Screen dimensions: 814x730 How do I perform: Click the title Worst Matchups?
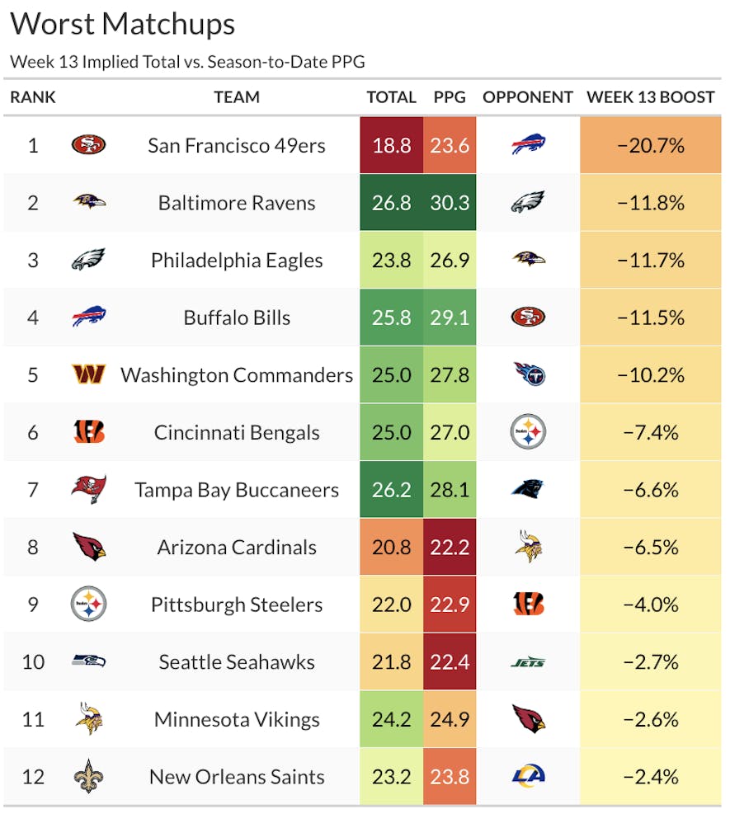[x=123, y=24]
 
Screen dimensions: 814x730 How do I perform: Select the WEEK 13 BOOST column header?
[x=650, y=97]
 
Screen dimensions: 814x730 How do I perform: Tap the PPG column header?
[x=450, y=97]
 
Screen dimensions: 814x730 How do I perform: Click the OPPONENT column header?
[x=528, y=97]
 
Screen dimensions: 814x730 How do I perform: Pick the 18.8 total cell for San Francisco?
[x=392, y=146]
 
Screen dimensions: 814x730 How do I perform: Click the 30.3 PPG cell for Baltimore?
[x=450, y=203]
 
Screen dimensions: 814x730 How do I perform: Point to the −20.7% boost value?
[x=651, y=146]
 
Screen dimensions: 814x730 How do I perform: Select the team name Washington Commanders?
[x=237, y=375]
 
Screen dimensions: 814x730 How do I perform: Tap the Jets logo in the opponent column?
[x=528, y=662]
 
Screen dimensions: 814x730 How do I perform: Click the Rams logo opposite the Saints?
[x=528, y=776]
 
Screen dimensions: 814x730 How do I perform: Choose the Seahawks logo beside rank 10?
[x=88, y=661]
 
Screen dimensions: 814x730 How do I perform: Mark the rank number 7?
[x=33, y=490]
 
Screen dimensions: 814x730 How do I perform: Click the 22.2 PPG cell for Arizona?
[x=450, y=547]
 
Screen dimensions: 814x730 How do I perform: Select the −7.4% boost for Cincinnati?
[x=651, y=432]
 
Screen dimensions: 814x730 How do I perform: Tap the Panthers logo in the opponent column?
[x=528, y=489]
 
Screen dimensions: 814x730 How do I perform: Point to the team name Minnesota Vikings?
[x=237, y=719]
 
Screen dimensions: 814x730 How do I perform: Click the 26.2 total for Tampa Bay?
[x=392, y=490]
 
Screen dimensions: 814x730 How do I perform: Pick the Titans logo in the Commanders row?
[x=528, y=375]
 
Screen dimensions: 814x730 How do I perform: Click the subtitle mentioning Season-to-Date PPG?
[x=187, y=62]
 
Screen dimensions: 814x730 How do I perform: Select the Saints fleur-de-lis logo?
[x=88, y=776]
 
